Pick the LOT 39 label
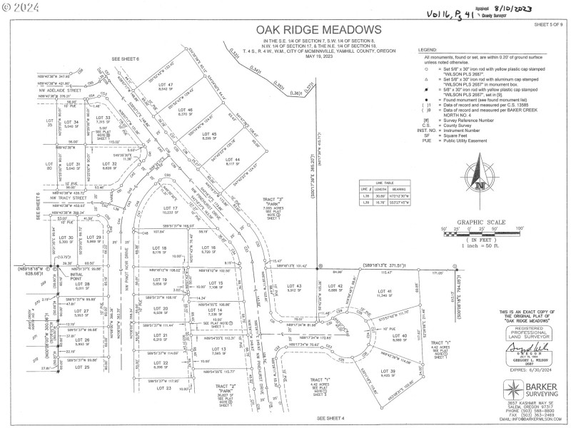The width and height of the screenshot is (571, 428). point(387,371)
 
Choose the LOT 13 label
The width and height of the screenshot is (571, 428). point(218,349)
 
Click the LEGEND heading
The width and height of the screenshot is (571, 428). point(430,50)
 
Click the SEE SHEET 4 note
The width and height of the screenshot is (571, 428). point(329,418)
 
